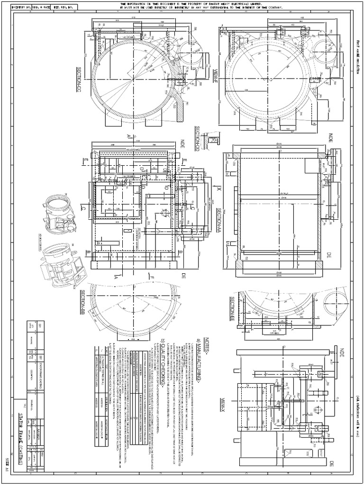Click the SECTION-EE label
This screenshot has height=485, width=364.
[233, 307]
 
